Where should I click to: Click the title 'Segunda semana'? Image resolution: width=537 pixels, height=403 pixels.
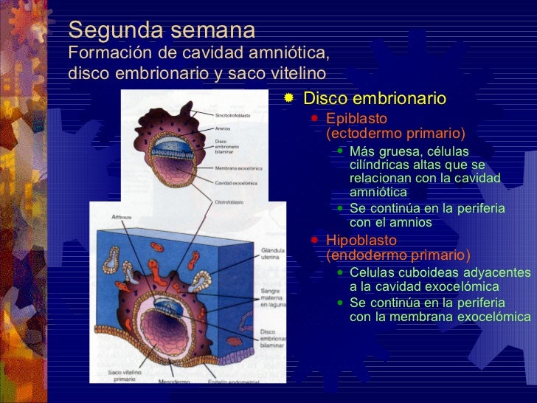162,31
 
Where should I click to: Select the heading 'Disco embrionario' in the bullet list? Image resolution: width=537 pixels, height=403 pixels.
375,98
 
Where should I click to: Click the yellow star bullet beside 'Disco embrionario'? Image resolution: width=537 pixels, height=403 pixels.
290,97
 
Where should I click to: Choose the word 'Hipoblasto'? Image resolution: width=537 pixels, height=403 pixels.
361,241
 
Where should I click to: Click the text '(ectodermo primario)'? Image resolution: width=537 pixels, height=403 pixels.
395,133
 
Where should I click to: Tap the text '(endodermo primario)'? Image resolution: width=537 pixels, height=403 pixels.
398,255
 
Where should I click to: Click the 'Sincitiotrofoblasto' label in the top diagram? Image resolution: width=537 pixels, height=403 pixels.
233,116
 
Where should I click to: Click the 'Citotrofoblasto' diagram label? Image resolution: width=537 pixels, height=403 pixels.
230,201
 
